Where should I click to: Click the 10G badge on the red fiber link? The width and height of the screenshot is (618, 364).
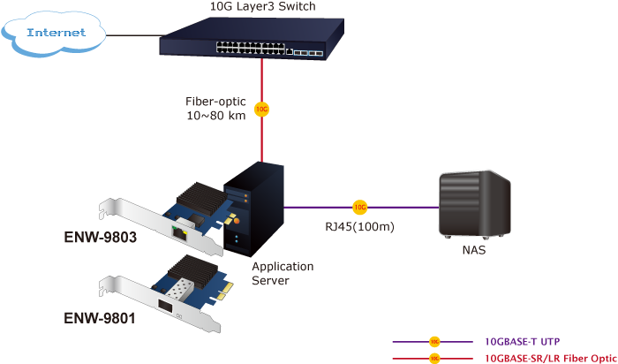pyautogui.click(x=261, y=110)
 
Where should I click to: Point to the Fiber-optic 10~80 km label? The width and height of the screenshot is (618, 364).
pyautogui.click(x=216, y=109)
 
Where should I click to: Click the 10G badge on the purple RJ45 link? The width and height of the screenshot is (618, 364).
pyautogui.click(x=359, y=208)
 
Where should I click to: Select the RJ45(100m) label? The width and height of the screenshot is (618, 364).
pyautogui.click(x=358, y=227)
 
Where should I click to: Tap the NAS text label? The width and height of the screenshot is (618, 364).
pyautogui.click(x=474, y=251)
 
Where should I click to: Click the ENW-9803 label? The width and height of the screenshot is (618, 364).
pyautogui.click(x=99, y=238)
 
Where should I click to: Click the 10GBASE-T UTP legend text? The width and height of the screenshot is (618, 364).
pyautogui.click(x=521, y=341)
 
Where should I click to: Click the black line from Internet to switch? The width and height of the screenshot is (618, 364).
pyautogui.click(x=132, y=36)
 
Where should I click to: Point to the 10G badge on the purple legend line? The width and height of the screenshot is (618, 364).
pyautogui.click(x=433, y=341)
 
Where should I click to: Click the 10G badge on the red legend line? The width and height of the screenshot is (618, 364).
pyautogui.click(x=433, y=358)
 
